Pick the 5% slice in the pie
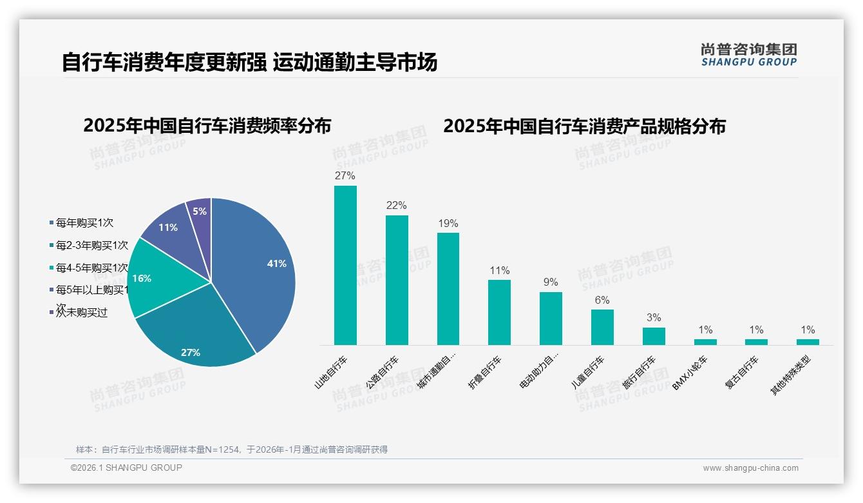click(200, 212)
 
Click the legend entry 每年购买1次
click(84, 223)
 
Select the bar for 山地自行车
click(345, 266)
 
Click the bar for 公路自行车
click(397, 281)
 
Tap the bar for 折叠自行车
click(499, 313)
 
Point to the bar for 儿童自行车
click(602, 328)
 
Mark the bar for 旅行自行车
click(654, 337)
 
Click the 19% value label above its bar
click(448, 224)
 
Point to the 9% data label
click(551, 282)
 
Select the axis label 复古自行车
click(742, 373)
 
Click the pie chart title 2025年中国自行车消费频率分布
click(207, 126)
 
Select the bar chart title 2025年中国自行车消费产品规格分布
click(584, 126)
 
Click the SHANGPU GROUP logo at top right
click(748, 55)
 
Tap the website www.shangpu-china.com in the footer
click(750, 468)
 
